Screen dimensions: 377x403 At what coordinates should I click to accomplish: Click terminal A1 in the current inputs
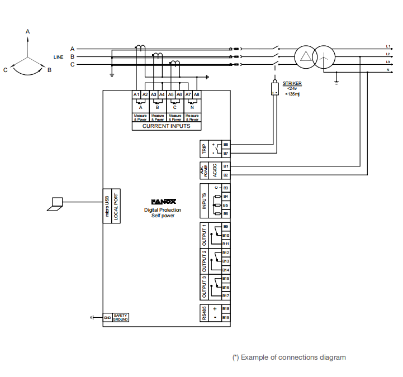pyautogui.click(x=136, y=95)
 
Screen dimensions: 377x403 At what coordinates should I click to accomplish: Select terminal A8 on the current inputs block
pyautogui.click(x=197, y=95)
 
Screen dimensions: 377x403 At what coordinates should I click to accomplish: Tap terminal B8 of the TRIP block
pyautogui.click(x=226, y=145)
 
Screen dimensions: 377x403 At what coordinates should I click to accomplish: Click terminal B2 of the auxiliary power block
pyautogui.click(x=226, y=175)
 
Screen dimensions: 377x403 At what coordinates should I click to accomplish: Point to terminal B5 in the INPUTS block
pyautogui.click(x=226, y=205)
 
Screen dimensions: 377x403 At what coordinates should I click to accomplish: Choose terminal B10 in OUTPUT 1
pyautogui.click(x=226, y=235)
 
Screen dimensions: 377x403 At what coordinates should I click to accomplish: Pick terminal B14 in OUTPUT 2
pyautogui.click(x=226, y=270)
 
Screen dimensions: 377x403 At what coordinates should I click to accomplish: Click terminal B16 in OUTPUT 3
pyautogui.click(x=226, y=287)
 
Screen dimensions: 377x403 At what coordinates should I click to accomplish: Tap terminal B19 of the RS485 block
pyautogui.click(x=226, y=317)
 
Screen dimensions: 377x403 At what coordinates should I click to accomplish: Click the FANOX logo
pyautogui.click(x=163, y=202)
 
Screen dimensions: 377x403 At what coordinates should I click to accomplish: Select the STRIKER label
pyautogui.click(x=292, y=83)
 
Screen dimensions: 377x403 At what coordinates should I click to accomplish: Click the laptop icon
pyautogui.click(x=55, y=204)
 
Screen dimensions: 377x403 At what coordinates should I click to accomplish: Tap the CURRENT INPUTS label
pyautogui.click(x=166, y=126)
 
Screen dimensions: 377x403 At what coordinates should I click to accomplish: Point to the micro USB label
pyautogui.click(x=107, y=206)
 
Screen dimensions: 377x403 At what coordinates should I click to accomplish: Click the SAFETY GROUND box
pyautogui.click(x=121, y=317)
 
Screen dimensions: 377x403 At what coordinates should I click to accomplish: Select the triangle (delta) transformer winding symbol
pyautogui.click(x=305, y=56)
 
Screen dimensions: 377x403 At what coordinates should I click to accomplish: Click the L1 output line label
pyautogui.click(x=388, y=46)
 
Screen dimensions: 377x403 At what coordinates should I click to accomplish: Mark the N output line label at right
pyautogui.click(x=388, y=70)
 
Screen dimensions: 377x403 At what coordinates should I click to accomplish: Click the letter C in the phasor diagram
pyautogui.click(x=5, y=70)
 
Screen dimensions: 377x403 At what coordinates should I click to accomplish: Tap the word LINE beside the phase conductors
pyautogui.click(x=58, y=57)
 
